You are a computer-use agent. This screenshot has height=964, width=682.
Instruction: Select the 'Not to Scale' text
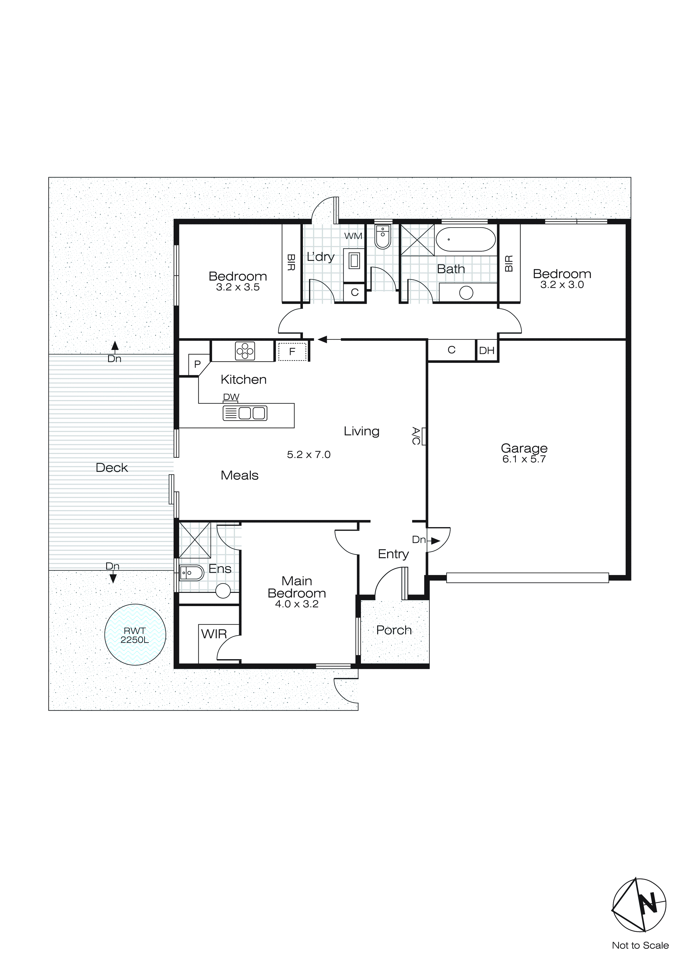(640, 946)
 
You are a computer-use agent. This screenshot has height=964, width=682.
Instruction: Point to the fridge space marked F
(292, 351)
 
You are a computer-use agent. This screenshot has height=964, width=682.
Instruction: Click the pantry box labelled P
(197, 364)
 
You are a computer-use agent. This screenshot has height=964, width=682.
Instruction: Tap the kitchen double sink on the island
(245, 413)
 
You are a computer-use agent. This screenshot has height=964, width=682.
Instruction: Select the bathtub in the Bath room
(465, 239)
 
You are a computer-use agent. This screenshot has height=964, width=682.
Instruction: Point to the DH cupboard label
(487, 350)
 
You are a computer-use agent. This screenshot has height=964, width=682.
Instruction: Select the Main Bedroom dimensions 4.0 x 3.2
(297, 604)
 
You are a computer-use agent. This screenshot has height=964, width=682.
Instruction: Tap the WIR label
(214, 634)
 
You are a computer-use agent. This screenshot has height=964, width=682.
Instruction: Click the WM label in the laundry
(353, 236)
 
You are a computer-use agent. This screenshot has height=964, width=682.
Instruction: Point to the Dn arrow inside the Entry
(435, 541)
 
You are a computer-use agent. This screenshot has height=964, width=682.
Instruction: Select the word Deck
(112, 468)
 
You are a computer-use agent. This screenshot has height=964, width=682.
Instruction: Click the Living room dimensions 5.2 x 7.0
(309, 455)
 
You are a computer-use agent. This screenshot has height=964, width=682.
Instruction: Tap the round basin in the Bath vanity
(466, 293)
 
